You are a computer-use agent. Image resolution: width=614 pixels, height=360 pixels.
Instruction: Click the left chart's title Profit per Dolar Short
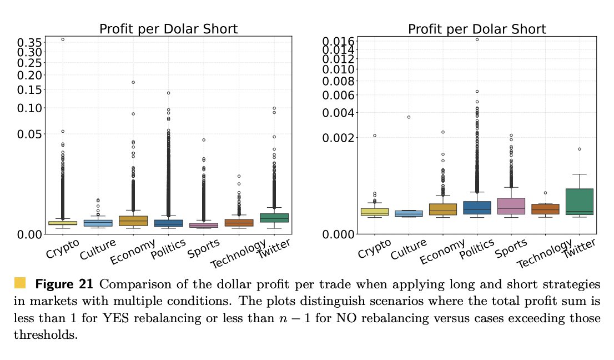click(x=168, y=29)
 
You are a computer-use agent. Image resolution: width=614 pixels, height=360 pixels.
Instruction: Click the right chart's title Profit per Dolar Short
click(x=477, y=29)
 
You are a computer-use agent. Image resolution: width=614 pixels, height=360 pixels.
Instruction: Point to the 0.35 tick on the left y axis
click(x=29, y=42)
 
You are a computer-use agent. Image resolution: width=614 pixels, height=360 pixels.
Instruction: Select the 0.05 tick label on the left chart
click(x=29, y=134)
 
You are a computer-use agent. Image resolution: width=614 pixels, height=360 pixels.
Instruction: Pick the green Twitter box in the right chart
click(x=580, y=202)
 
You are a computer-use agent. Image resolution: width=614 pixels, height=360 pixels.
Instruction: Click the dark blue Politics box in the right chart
click(x=477, y=208)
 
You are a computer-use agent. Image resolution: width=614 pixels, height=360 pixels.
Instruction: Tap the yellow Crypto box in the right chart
click(x=375, y=212)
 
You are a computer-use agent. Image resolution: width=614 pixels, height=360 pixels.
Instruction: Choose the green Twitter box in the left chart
click(x=274, y=217)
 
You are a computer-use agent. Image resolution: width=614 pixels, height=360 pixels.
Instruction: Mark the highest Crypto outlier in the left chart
click(x=63, y=39)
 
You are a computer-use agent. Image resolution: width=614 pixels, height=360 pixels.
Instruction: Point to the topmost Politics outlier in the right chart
click(x=477, y=39)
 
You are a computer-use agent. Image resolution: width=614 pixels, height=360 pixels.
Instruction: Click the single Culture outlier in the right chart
click(x=409, y=117)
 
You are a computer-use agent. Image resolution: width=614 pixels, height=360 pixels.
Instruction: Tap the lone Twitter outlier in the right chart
click(x=580, y=149)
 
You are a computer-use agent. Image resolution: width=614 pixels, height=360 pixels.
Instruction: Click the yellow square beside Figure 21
click(x=21, y=283)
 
